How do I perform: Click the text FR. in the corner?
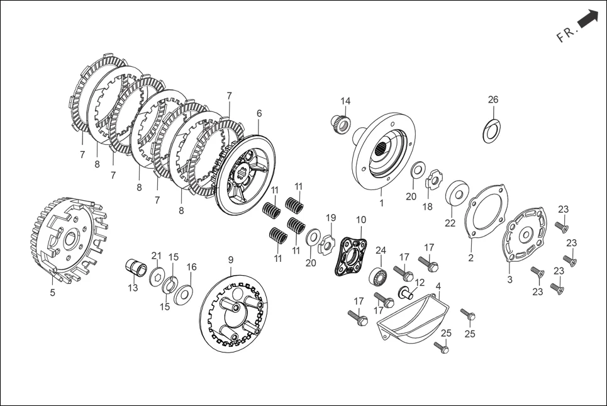(565, 35)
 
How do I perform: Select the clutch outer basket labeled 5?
(68, 237)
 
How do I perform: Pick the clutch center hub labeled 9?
(234, 312)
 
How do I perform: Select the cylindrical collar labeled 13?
(135, 268)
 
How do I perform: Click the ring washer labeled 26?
(492, 128)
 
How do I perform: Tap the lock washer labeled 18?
(432, 183)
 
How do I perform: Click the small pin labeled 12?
(405, 293)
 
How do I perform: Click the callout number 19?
(331, 218)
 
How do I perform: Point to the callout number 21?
(156, 255)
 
